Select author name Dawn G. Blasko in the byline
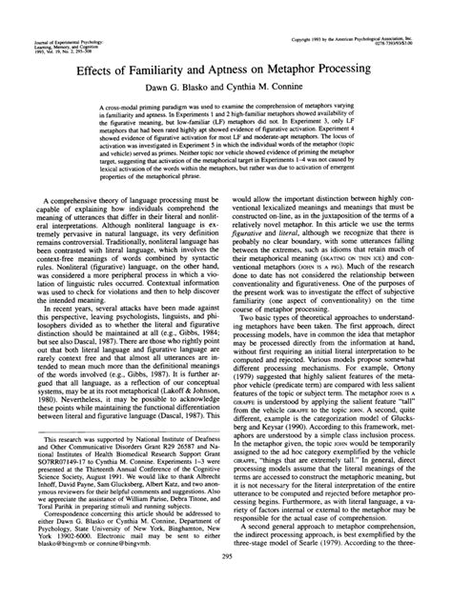[x=185, y=89]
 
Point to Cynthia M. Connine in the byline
[x=268, y=89]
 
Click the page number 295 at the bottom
[x=226, y=582]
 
